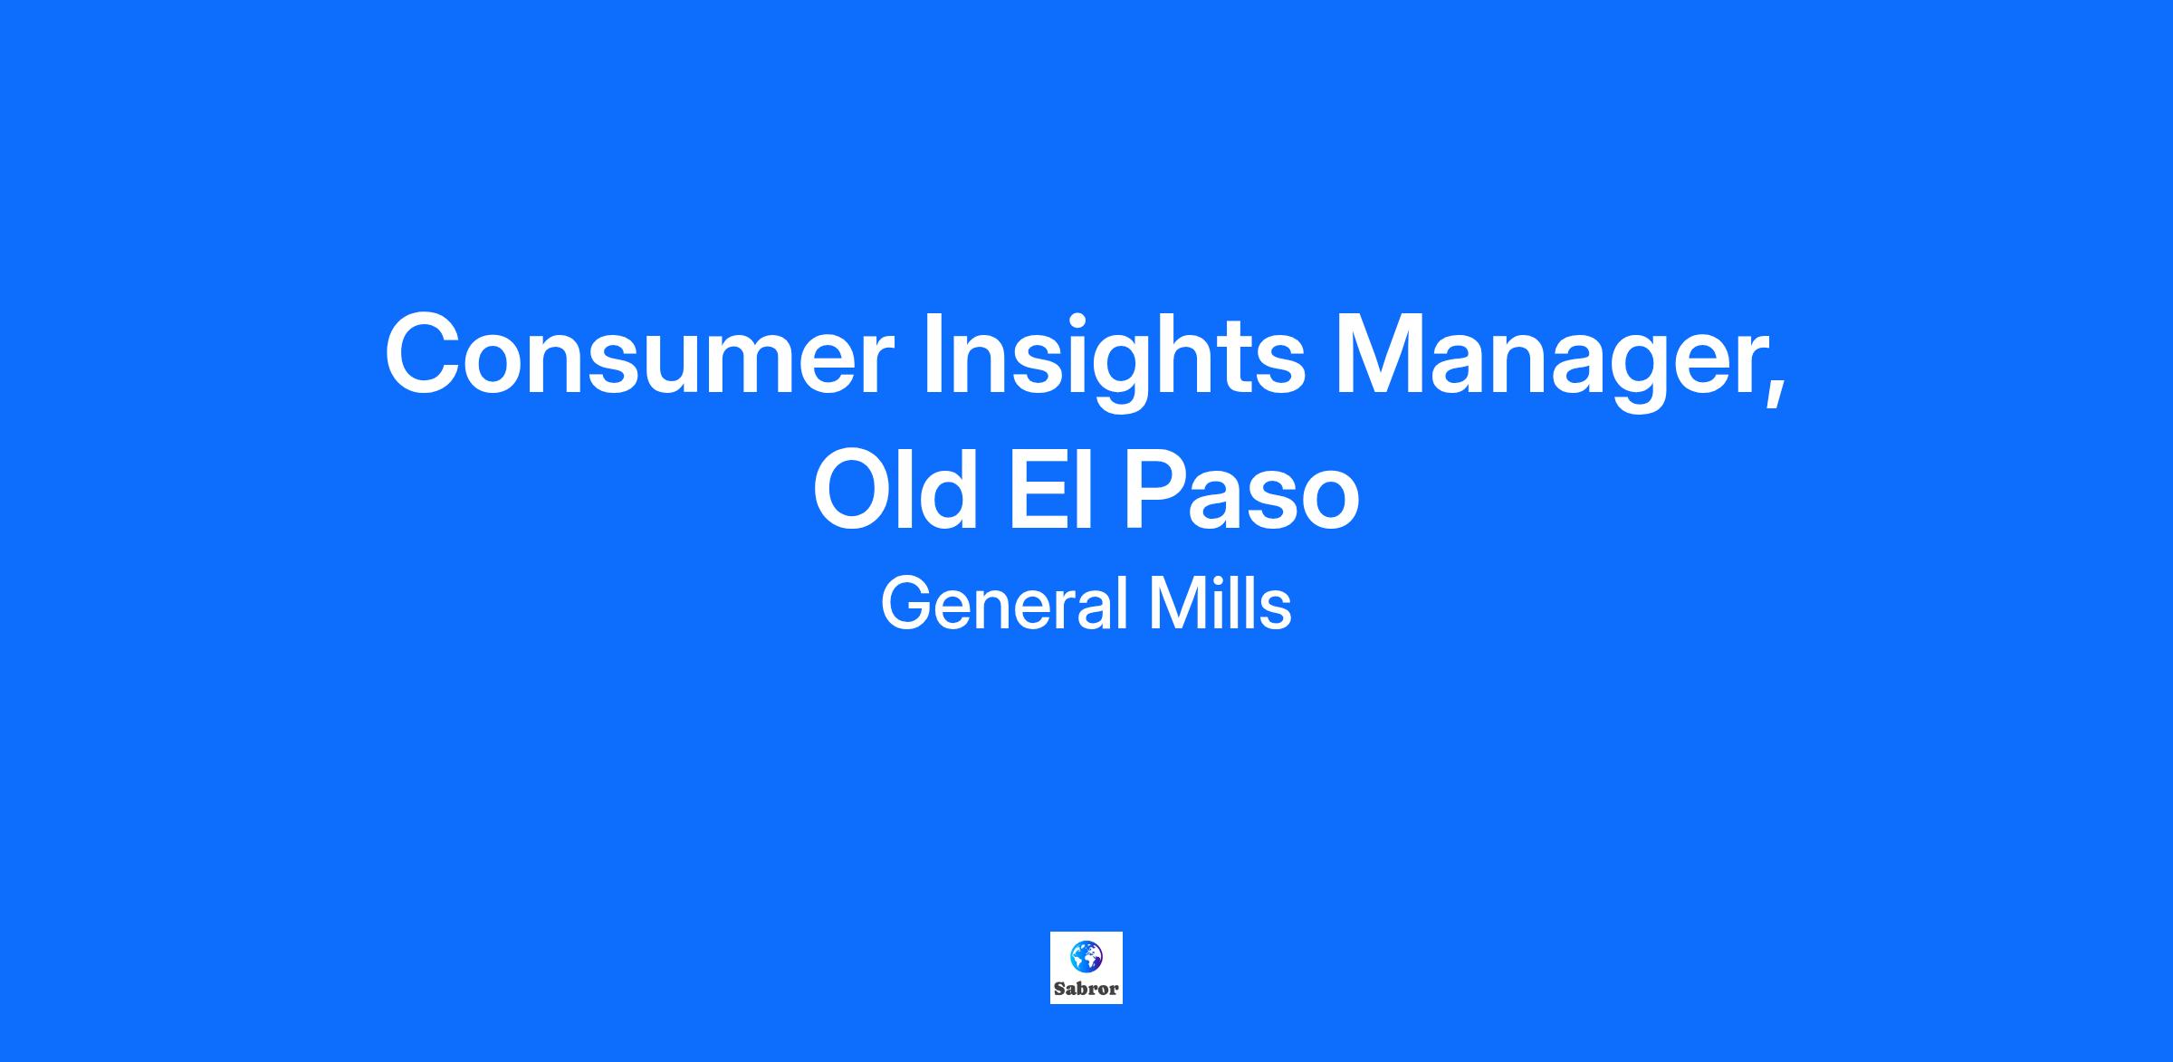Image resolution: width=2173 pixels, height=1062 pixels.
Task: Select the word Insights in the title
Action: click(x=1115, y=360)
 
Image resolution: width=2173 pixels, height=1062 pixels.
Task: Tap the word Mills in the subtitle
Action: click(x=1221, y=603)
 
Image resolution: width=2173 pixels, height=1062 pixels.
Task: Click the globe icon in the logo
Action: click(x=1086, y=955)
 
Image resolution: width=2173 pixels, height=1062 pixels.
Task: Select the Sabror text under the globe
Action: click(x=1086, y=989)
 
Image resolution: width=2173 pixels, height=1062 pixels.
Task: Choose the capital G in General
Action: click(x=905, y=603)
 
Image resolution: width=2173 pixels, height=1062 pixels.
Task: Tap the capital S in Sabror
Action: click(x=1059, y=989)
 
